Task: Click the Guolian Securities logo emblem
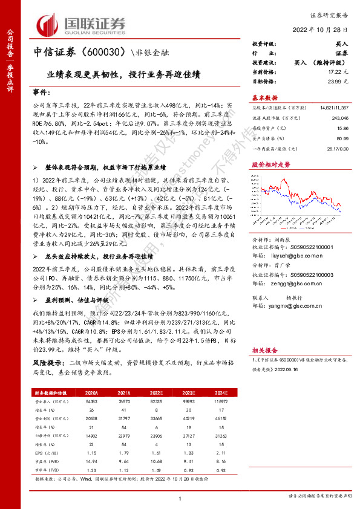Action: (49, 24)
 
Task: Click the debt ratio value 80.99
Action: (341, 138)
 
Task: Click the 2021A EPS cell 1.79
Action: (107, 452)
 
